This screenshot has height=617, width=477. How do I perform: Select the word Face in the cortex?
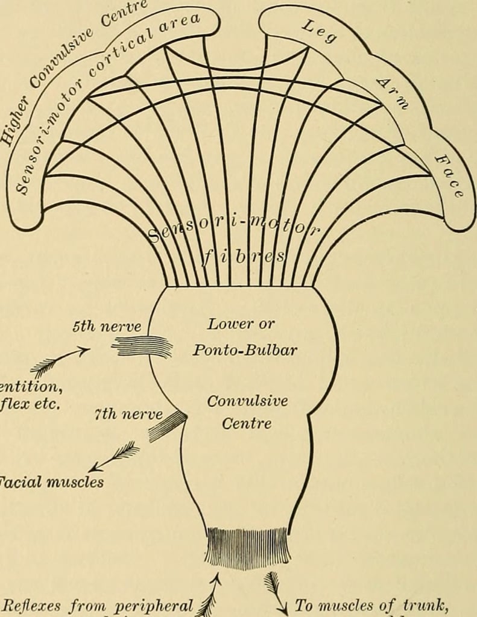click(x=450, y=176)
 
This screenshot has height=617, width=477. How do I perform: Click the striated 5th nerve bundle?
click(x=142, y=346)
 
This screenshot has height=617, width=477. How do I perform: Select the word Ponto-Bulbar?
click(x=245, y=350)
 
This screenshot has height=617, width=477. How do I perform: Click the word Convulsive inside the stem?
click(x=247, y=401)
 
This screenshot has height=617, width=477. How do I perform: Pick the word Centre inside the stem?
click(x=247, y=424)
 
